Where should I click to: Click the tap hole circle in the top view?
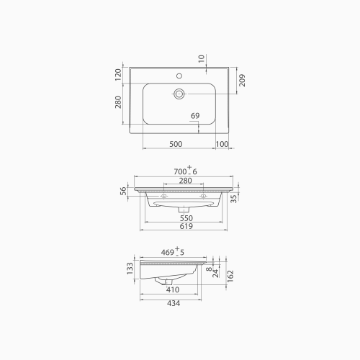click(x=179, y=74)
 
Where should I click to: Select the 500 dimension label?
click(x=175, y=144)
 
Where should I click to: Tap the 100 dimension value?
click(x=222, y=144)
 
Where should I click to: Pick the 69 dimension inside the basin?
click(x=194, y=117)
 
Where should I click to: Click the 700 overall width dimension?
click(x=185, y=170)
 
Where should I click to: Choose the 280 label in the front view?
click(x=185, y=180)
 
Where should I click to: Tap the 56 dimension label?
click(x=123, y=190)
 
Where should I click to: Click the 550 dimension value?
click(x=185, y=217)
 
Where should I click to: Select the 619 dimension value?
click(x=185, y=228)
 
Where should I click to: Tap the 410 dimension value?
click(x=173, y=289)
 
